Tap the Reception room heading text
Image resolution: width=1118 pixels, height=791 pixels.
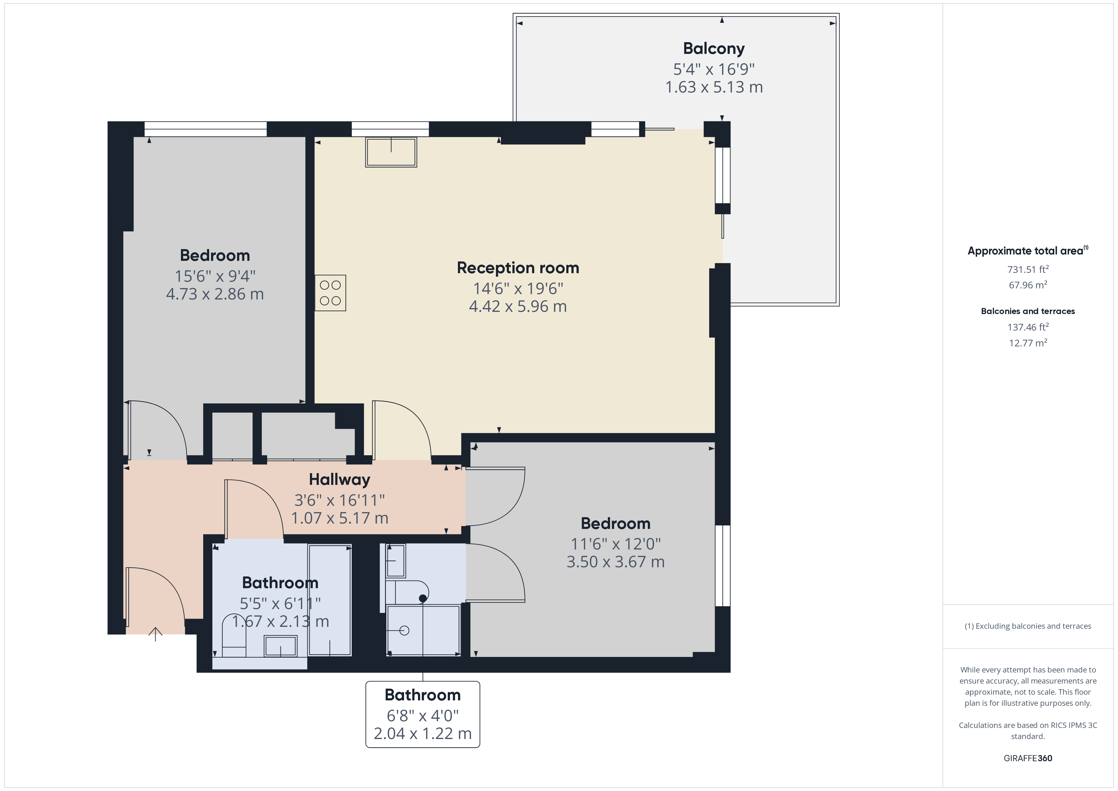click(x=517, y=268)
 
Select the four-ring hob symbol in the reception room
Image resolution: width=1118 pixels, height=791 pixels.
click(x=330, y=293)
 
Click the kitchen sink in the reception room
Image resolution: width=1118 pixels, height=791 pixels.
click(x=391, y=152)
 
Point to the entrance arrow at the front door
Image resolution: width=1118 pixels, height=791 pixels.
click(x=155, y=634)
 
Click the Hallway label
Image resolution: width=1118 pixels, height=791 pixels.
click(x=339, y=480)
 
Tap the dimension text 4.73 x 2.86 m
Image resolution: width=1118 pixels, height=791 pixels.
click(x=215, y=294)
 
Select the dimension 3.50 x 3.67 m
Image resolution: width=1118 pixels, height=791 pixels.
click(x=615, y=562)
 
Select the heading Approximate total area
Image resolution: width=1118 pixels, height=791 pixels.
click(x=1026, y=251)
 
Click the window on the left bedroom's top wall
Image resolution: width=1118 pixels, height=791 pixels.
click(x=205, y=129)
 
